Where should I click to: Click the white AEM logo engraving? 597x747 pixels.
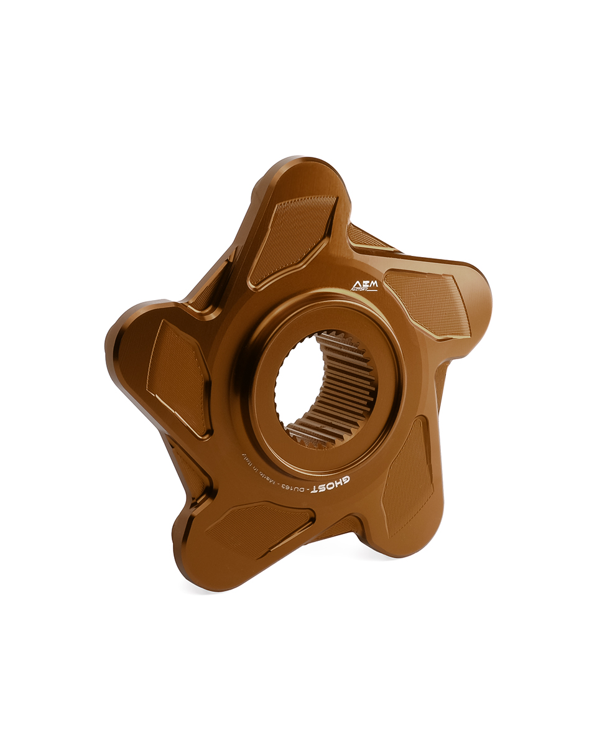click(x=364, y=286)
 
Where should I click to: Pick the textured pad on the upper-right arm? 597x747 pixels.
click(x=429, y=302)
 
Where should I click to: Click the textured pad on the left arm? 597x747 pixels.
click(x=177, y=377)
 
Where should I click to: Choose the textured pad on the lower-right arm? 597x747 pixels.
click(x=407, y=476)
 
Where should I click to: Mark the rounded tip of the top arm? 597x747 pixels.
click(x=305, y=171)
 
